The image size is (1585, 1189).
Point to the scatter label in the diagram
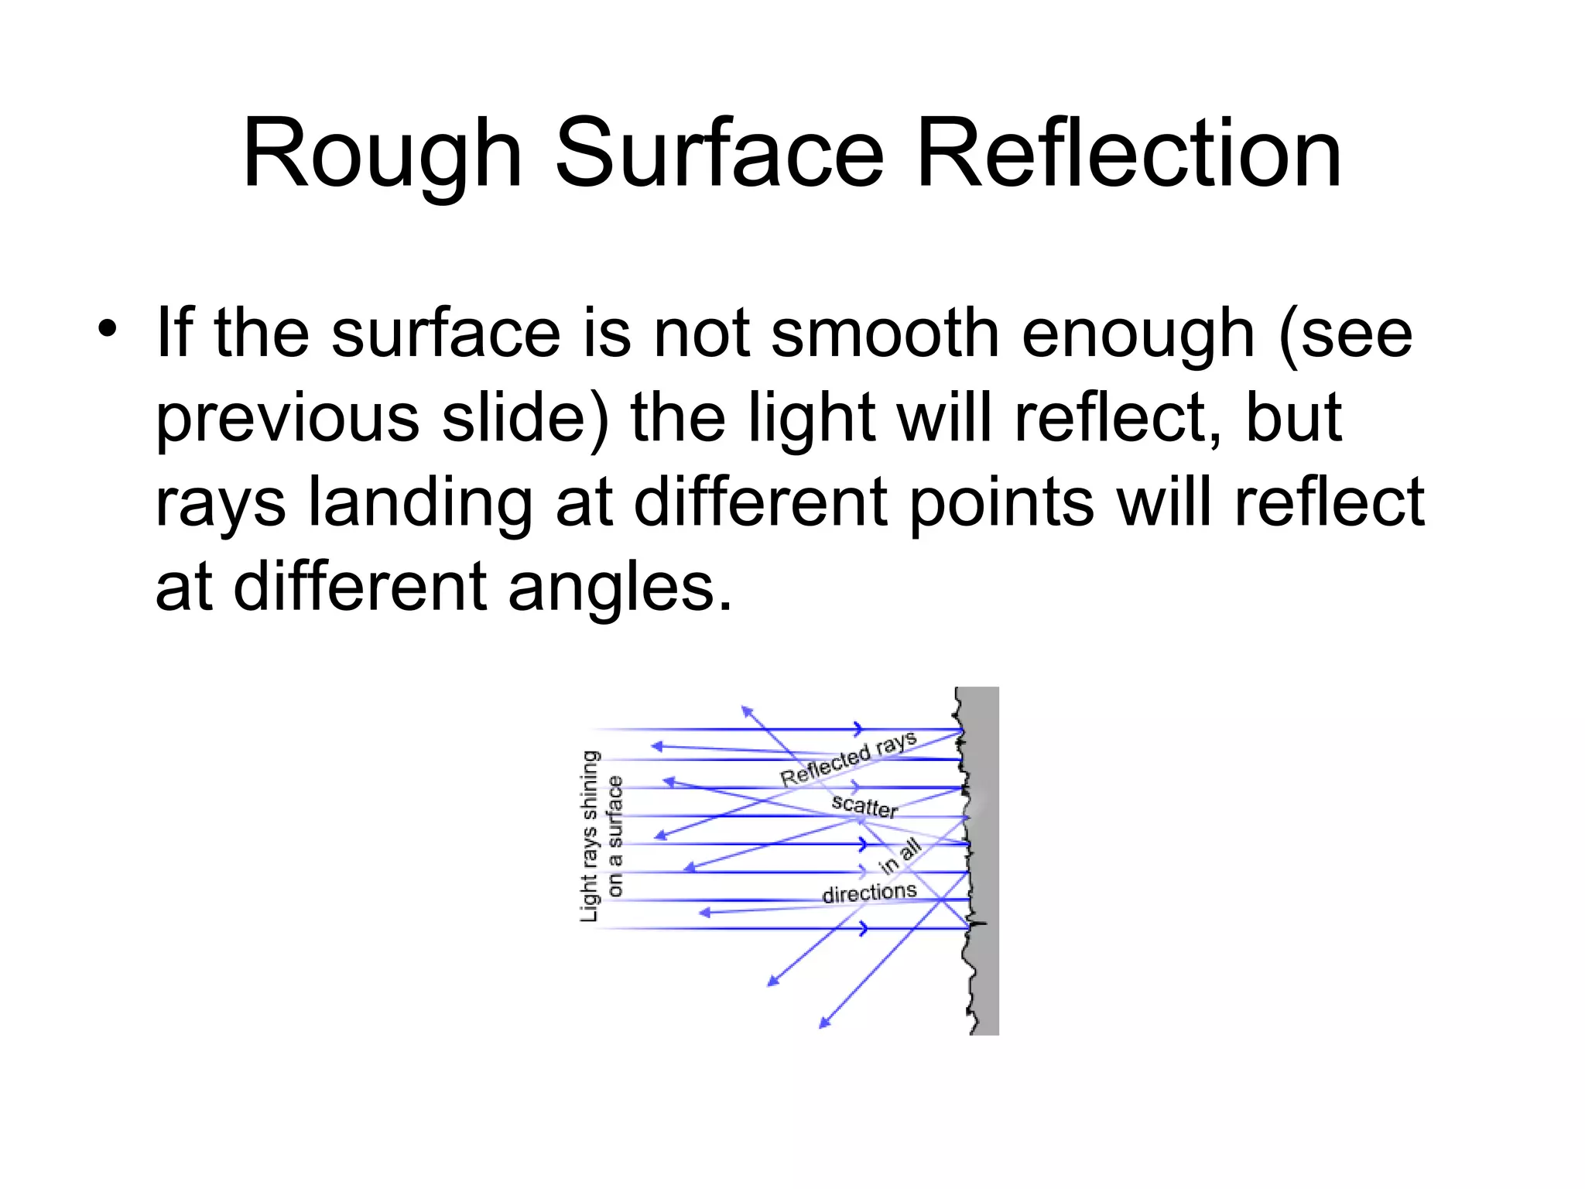(864, 806)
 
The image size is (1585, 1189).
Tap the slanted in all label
(900, 856)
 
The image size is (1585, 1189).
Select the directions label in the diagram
(869, 893)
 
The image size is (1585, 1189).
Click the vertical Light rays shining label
(591, 836)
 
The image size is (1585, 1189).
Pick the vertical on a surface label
(615, 836)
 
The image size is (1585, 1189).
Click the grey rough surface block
(983, 859)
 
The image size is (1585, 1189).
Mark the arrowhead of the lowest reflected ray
(823, 1024)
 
